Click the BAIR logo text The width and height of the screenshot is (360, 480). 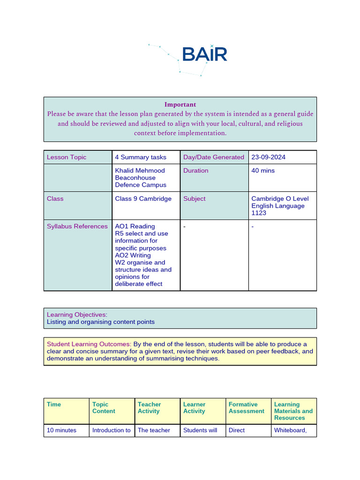(x=204, y=54)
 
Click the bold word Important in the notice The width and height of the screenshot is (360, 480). (x=180, y=105)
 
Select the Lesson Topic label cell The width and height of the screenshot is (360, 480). (x=67, y=157)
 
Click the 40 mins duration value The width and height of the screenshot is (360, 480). (x=263, y=171)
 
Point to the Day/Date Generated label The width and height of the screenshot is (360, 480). (x=214, y=157)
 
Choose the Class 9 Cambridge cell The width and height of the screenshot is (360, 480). (x=143, y=199)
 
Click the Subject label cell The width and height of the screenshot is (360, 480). (x=194, y=199)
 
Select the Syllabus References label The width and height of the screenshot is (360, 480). (x=77, y=226)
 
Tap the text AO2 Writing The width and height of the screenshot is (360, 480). (x=133, y=255)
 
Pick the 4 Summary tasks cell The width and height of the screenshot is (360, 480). (x=141, y=157)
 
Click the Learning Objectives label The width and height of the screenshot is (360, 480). (x=77, y=315)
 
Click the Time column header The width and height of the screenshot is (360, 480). (x=54, y=405)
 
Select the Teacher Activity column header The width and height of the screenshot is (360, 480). (x=149, y=408)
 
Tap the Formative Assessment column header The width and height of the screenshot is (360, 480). (x=247, y=408)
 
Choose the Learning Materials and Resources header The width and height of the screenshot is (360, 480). (x=293, y=411)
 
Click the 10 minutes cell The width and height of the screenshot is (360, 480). (x=61, y=430)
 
